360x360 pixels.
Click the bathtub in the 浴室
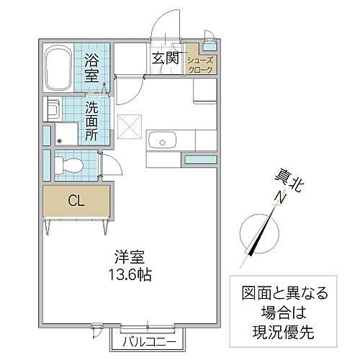pos(56,68)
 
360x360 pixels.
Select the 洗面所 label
pos(93,118)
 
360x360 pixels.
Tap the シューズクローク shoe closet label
pos(199,64)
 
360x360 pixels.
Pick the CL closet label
pos(76,201)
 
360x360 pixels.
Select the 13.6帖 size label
pos(132,274)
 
